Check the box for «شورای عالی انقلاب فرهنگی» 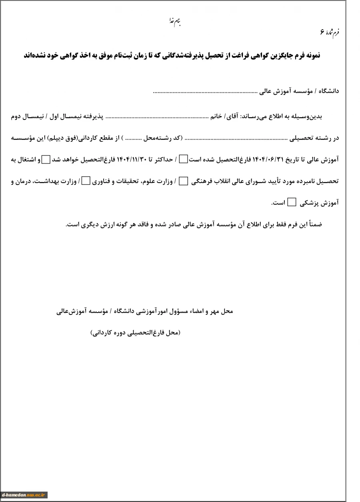click(x=183, y=181)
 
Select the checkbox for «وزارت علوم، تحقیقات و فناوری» click(x=86, y=181)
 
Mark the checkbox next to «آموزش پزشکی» click(x=292, y=203)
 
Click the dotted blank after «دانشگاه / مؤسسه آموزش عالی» click(x=205, y=92)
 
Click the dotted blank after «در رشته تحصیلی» click(x=236, y=139)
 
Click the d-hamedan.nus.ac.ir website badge click(x=25, y=495)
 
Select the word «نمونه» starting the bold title click(x=311, y=56)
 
